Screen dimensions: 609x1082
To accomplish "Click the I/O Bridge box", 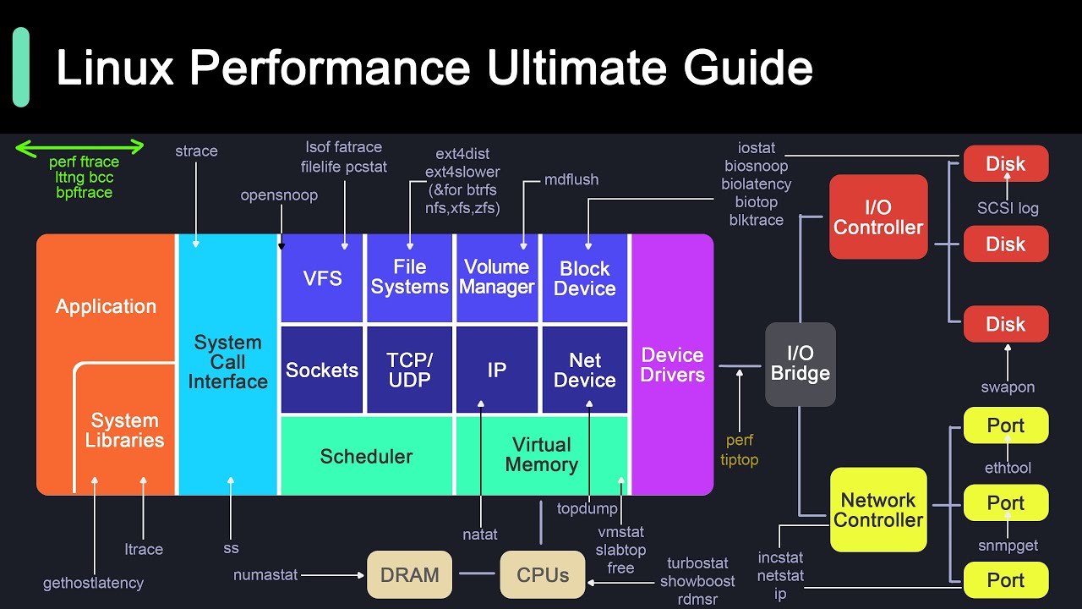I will tap(800, 365).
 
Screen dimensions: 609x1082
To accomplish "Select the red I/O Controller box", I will tap(878, 217).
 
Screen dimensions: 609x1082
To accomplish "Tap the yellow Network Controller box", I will tap(878, 510).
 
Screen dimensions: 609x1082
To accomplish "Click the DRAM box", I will tap(409, 575).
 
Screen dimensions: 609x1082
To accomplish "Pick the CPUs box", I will tap(543, 575).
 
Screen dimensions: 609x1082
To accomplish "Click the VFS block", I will tap(322, 278).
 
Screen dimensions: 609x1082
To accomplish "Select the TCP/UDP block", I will tap(409, 370).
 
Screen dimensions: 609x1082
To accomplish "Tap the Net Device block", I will tap(584, 370).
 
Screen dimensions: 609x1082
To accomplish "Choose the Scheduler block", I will tap(366, 457).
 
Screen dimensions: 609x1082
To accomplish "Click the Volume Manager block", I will tap(497, 277).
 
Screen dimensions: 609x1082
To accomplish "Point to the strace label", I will tap(196, 151).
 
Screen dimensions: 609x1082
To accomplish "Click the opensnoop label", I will tap(279, 195).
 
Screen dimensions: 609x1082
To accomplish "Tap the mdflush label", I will tap(571, 179).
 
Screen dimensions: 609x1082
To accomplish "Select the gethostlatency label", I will tap(94, 583).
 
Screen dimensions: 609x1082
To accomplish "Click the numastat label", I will tap(265, 575).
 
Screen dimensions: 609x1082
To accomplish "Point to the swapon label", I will tap(1007, 387).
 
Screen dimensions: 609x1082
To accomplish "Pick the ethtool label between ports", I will tap(1008, 468).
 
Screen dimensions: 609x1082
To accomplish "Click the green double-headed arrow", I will tap(80, 148).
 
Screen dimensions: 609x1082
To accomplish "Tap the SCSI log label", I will tap(1008, 208).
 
